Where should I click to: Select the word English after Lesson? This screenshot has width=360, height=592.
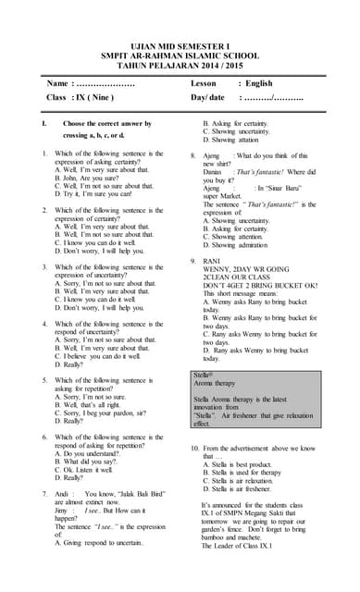point(259,82)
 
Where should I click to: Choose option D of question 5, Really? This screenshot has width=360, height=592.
point(68,421)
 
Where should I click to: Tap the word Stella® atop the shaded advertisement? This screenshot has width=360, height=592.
point(204,374)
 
